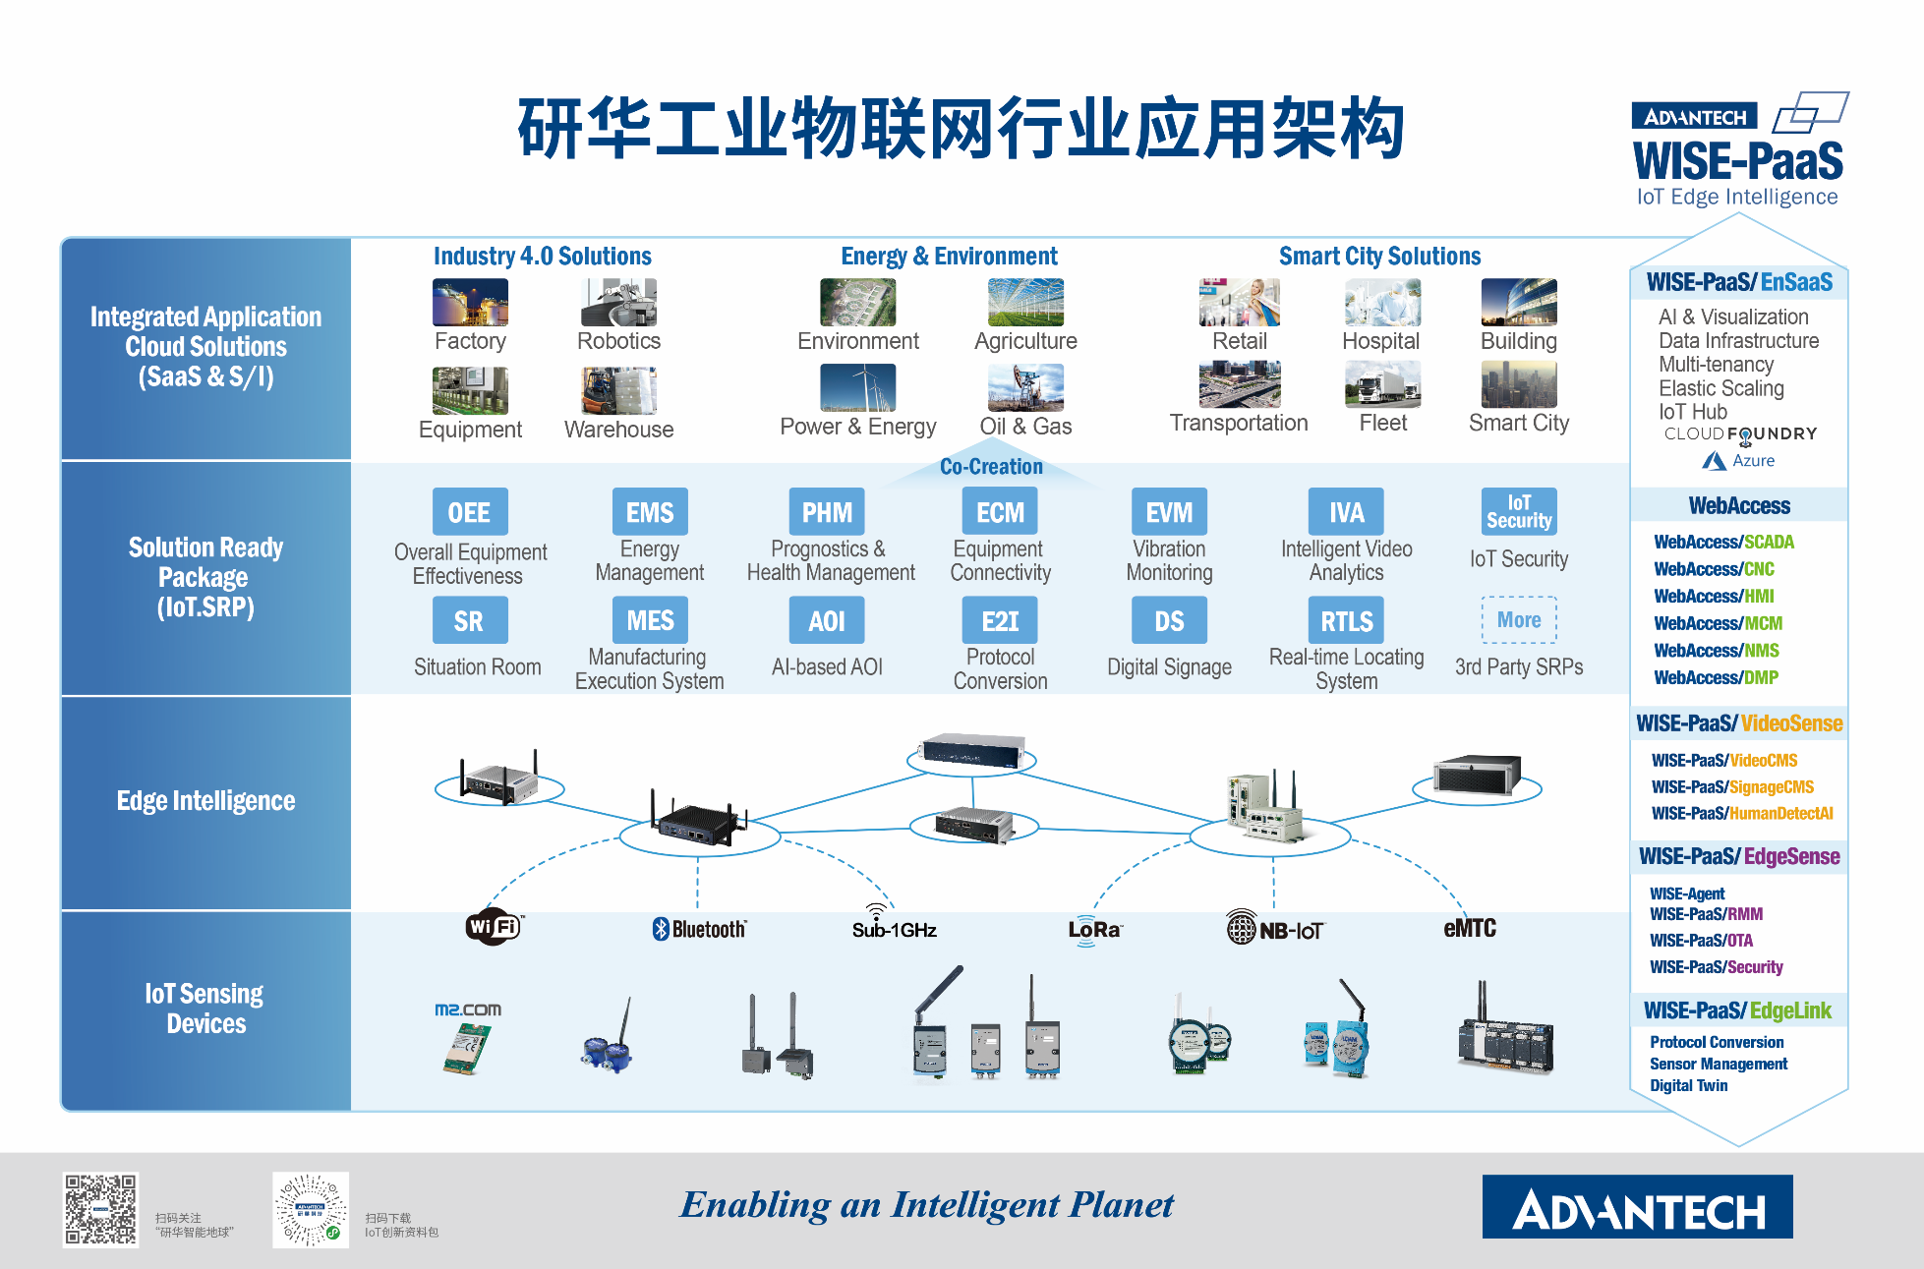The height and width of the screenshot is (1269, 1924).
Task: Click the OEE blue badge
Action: (470, 512)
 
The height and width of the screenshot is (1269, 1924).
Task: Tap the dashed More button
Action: (1519, 620)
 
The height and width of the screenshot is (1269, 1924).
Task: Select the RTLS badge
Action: (1346, 621)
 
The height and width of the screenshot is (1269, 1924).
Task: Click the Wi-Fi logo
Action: (494, 927)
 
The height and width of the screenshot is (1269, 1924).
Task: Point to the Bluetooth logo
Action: (699, 929)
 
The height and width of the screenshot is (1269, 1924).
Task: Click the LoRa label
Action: (1094, 930)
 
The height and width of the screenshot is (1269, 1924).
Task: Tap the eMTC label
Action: (1470, 929)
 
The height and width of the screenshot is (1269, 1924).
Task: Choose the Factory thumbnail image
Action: (470, 302)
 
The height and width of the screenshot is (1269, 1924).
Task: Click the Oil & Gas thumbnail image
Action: (1025, 387)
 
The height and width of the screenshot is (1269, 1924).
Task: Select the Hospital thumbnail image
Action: (1381, 302)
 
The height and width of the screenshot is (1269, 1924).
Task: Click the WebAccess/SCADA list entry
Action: (1723, 542)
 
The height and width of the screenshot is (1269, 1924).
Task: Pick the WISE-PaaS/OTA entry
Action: (1701, 941)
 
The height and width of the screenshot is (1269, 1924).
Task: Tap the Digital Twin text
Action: (1688, 1085)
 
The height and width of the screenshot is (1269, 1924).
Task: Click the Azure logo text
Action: (1739, 460)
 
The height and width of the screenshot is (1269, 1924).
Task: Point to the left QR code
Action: (100, 1210)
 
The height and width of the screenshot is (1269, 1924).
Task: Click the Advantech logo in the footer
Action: (1637, 1207)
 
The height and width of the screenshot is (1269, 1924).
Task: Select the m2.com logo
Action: (468, 1009)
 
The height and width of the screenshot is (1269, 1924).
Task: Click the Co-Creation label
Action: (991, 467)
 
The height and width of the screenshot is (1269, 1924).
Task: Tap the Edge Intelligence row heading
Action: (205, 801)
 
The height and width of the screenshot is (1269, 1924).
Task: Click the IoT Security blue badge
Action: (1519, 511)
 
